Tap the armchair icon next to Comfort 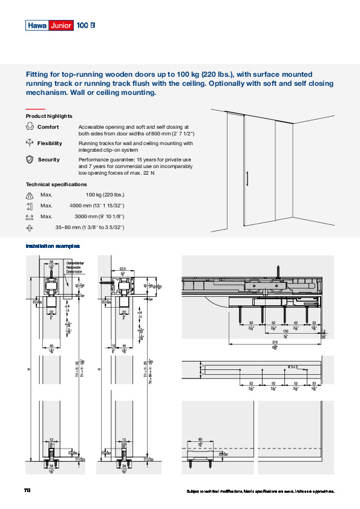pyautogui.click(x=30, y=127)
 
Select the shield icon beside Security pyautogui.click(x=30, y=160)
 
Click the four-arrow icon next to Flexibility pyautogui.click(x=30, y=143)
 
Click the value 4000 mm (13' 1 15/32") pyautogui.click(x=97, y=206)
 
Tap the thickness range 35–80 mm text pyautogui.click(x=90, y=227)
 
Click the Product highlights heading pyautogui.click(x=49, y=116)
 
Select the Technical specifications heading pyautogui.click(x=56, y=184)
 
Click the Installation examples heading pyautogui.click(x=53, y=246)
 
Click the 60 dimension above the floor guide pyautogui.click(x=200, y=440)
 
